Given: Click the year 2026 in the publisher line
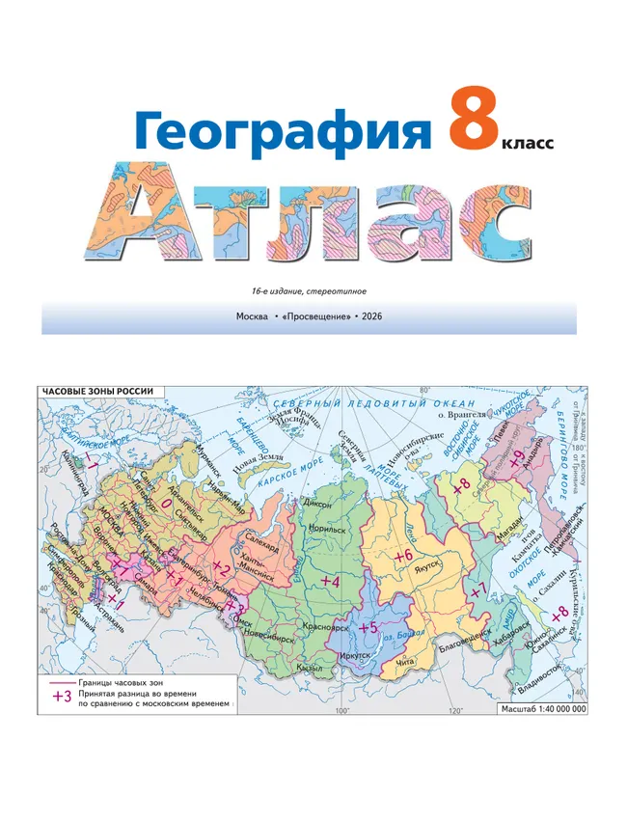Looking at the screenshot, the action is click(372, 316).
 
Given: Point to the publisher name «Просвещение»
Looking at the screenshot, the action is click(315, 316).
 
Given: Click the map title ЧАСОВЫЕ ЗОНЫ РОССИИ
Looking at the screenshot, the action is click(96, 392).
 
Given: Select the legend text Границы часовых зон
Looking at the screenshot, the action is click(133, 681).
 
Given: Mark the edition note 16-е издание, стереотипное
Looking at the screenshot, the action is click(308, 291).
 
